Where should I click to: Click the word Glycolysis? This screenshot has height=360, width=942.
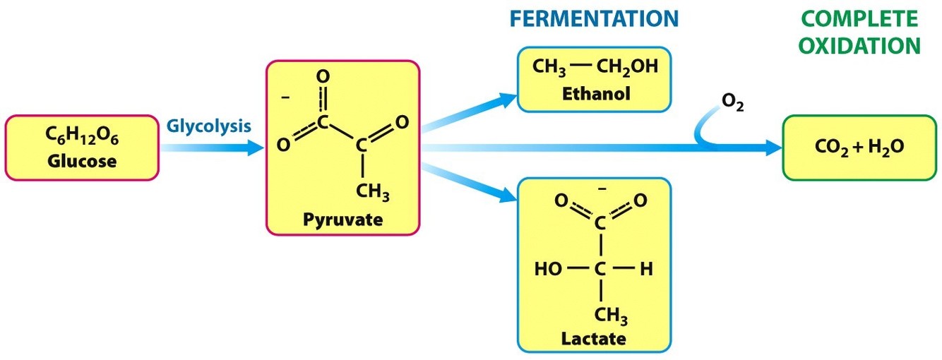208,127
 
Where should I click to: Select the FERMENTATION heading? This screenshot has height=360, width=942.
594,19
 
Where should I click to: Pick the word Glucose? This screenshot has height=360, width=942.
82,160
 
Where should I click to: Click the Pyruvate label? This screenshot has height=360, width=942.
342,219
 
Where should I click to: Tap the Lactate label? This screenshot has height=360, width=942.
593,338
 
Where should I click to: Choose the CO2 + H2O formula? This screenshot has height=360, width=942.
859,148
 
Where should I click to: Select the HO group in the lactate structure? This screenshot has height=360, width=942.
549,269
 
